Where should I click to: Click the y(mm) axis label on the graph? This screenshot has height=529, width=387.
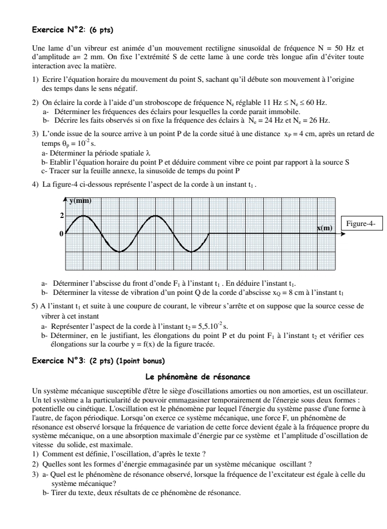coord(81,201)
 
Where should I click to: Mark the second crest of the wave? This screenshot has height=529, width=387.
coord(155,216)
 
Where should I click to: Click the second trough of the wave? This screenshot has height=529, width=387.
coord(191,251)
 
